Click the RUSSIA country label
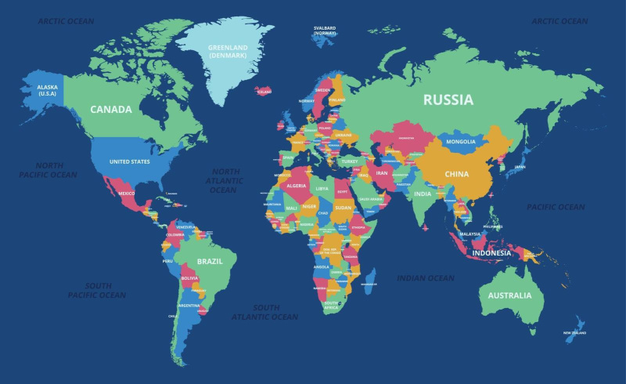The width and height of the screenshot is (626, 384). point(448,100)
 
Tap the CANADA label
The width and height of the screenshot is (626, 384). point(110,110)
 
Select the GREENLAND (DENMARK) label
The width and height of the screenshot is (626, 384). point(227,51)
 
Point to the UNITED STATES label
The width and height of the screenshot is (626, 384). point(129,162)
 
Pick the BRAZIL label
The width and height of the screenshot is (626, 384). point(210,261)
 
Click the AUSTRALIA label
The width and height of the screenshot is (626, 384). point(509,295)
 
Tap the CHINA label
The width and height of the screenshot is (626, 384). point(456,174)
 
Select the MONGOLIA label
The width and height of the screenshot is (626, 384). point(460,142)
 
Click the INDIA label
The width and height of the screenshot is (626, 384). point(422,194)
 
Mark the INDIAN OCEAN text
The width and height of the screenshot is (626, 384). point(425,278)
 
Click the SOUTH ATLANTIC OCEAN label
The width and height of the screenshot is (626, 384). point(264,312)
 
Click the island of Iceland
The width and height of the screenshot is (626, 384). point(264,91)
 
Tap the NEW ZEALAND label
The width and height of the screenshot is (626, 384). point(575,333)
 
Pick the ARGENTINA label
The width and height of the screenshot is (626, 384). point(189,305)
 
